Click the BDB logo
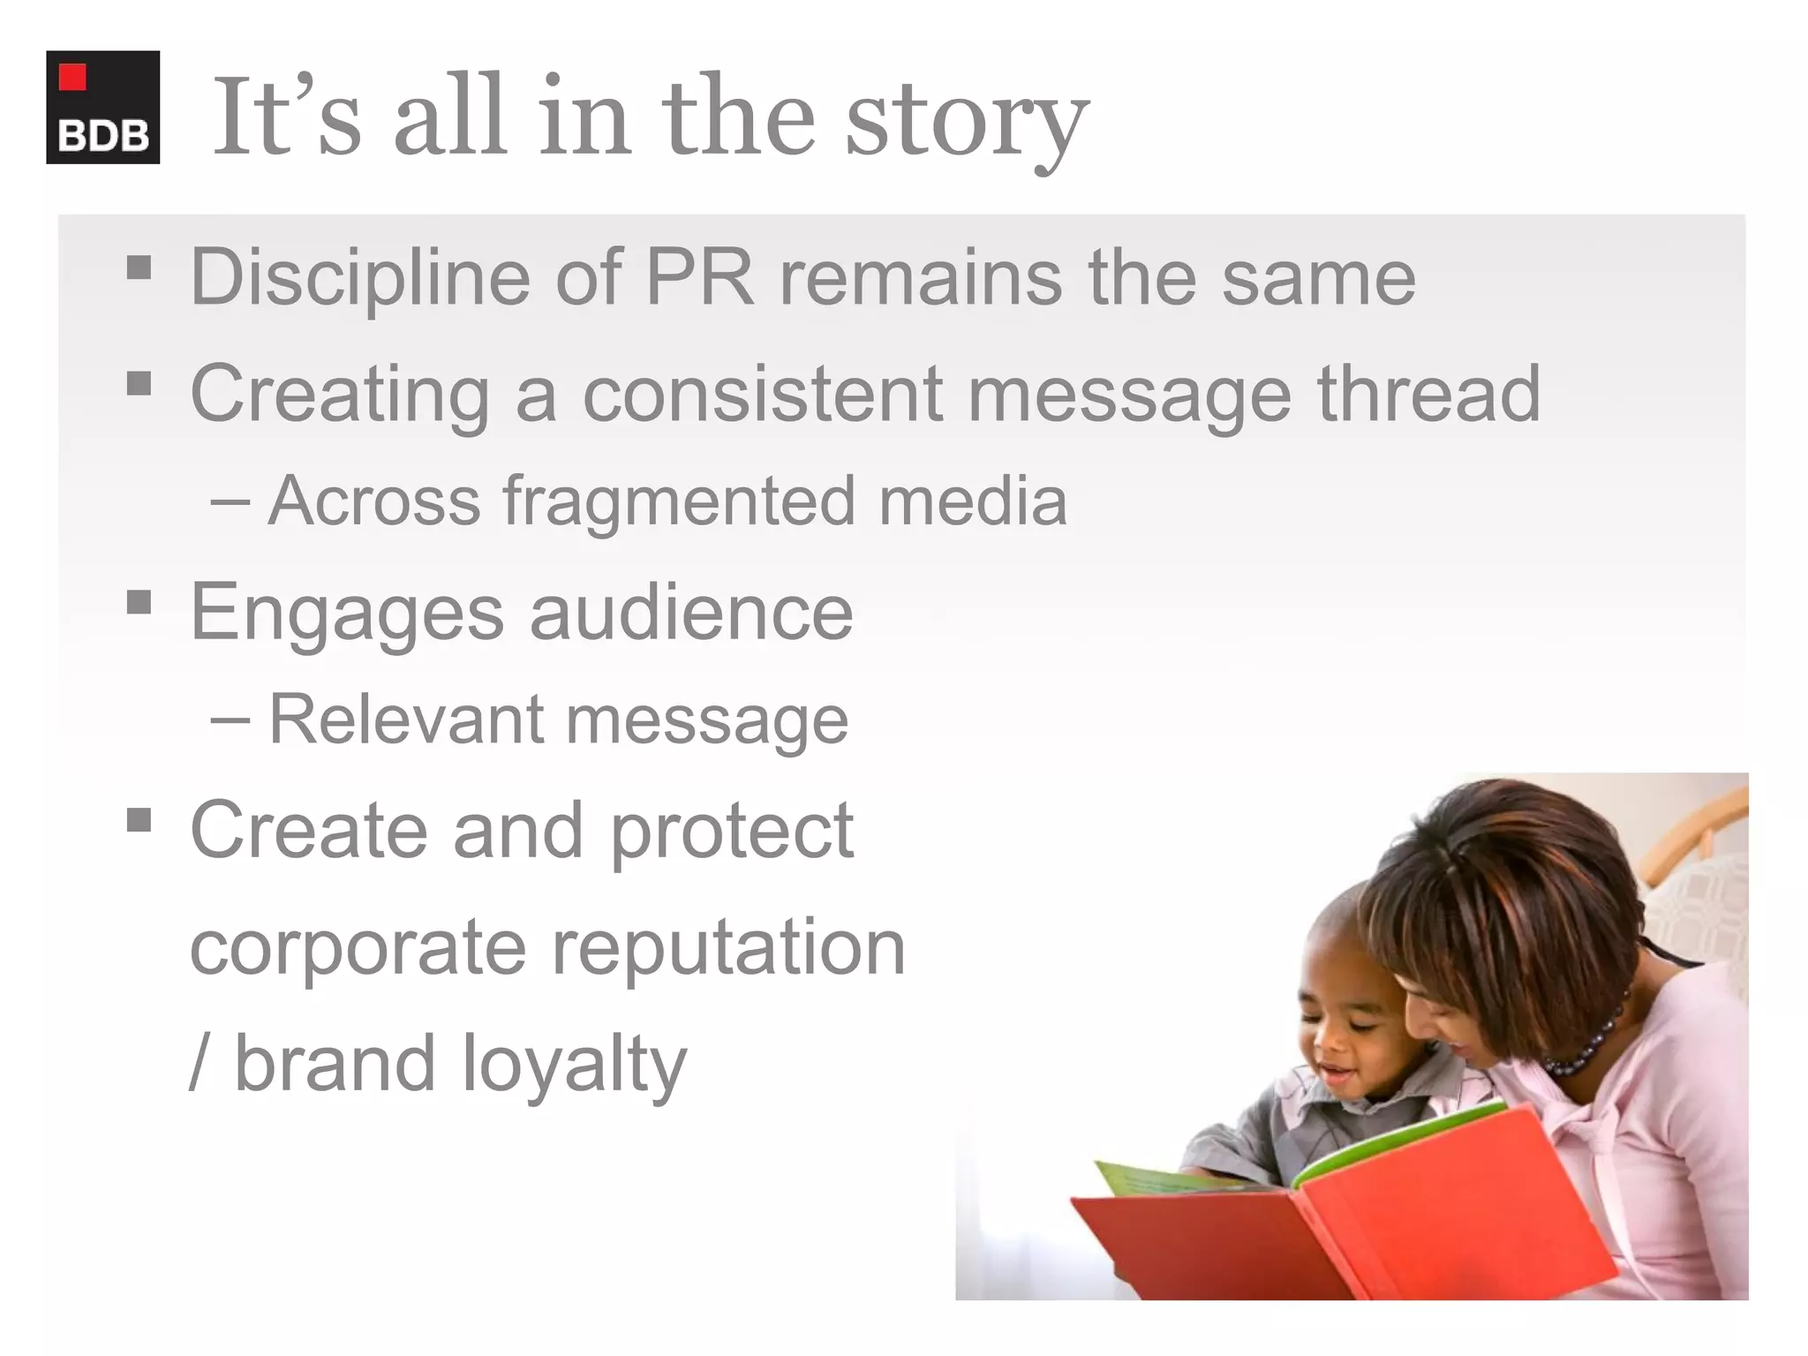pos(102,107)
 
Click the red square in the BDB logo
pos(72,77)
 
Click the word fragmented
pos(679,501)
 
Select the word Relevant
pos(405,719)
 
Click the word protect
pos(732,831)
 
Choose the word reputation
pos(728,947)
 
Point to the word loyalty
pos(574,1064)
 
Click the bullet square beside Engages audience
pos(139,603)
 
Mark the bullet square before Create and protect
pos(139,821)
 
